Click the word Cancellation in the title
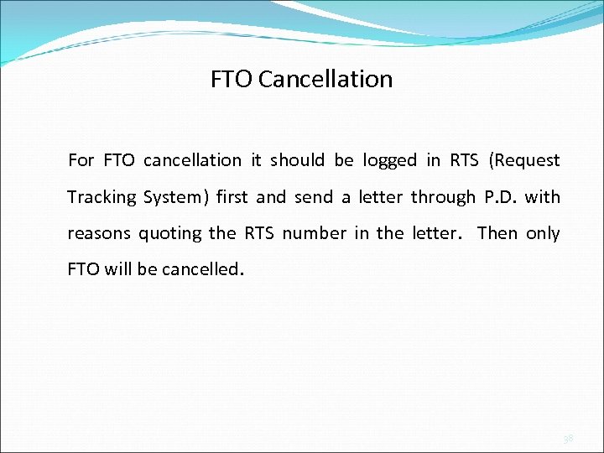(x=325, y=79)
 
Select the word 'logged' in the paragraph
(x=390, y=160)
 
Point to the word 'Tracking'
(x=102, y=197)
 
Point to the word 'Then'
(x=497, y=233)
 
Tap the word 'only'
(x=543, y=233)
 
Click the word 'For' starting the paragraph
(x=81, y=160)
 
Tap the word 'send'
(x=314, y=197)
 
